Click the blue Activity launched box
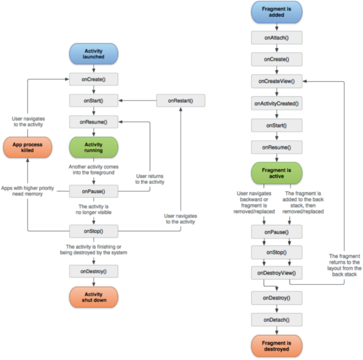(x=93, y=54)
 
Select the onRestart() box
(x=180, y=100)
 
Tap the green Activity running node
(x=93, y=147)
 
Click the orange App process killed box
(x=28, y=147)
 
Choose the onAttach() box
(x=276, y=37)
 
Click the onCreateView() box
(x=276, y=81)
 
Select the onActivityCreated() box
(x=276, y=103)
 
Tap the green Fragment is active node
(x=276, y=173)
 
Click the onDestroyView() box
(x=276, y=273)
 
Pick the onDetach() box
(x=276, y=320)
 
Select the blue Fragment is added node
(x=276, y=12)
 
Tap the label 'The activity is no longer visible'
(x=93, y=210)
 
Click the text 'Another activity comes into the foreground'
(x=93, y=170)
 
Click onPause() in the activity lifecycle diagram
(x=93, y=191)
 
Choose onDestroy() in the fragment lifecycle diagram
(x=276, y=297)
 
